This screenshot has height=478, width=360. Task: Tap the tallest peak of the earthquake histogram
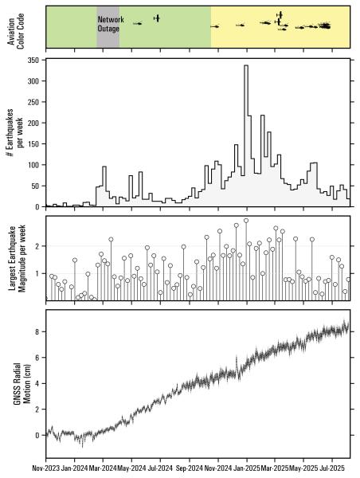click(x=246, y=66)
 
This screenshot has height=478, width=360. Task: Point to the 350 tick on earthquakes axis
click(x=36, y=61)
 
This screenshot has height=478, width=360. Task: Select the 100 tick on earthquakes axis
click(x=36, y=165)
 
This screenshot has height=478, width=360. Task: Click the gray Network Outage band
click(x=108, y=36)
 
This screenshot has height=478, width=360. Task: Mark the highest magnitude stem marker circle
click(x=246, y=221)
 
